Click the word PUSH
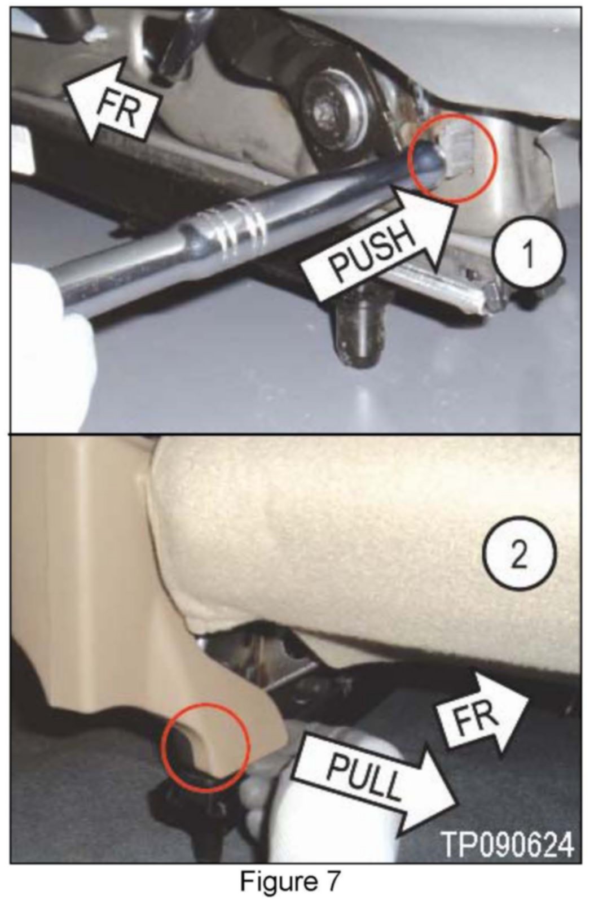373,251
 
